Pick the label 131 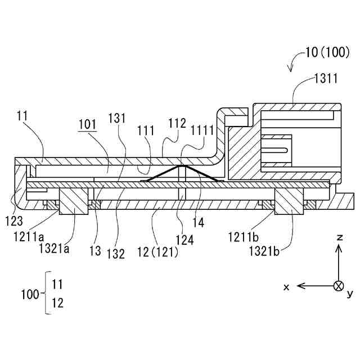124,126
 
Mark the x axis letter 286,287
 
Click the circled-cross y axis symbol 339,286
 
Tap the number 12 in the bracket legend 57,304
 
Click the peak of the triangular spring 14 180,166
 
